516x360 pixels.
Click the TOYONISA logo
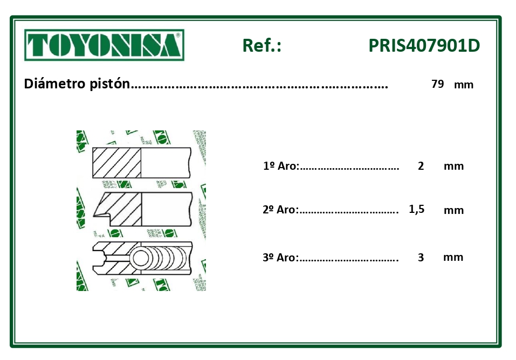pos(104,45)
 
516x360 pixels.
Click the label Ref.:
pos(262,46)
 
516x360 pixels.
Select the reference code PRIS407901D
pos(424,46)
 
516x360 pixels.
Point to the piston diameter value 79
pos(437,84)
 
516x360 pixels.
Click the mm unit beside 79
pos(464,85)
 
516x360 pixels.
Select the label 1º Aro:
pos(281,166)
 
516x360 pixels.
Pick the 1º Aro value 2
pos(421,166)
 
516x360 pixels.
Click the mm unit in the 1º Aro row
pos(453,166)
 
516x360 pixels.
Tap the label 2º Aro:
pos(280,210)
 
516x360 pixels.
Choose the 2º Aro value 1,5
pos(417,210)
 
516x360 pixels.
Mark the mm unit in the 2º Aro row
pos(453,210)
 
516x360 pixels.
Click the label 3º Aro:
pos(280,258)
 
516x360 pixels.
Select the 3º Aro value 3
pos(421,258)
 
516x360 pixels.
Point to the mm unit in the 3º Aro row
pos(453,257)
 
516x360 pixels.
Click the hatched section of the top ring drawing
pos(117,162)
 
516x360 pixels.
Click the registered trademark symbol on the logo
pos(178,34)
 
